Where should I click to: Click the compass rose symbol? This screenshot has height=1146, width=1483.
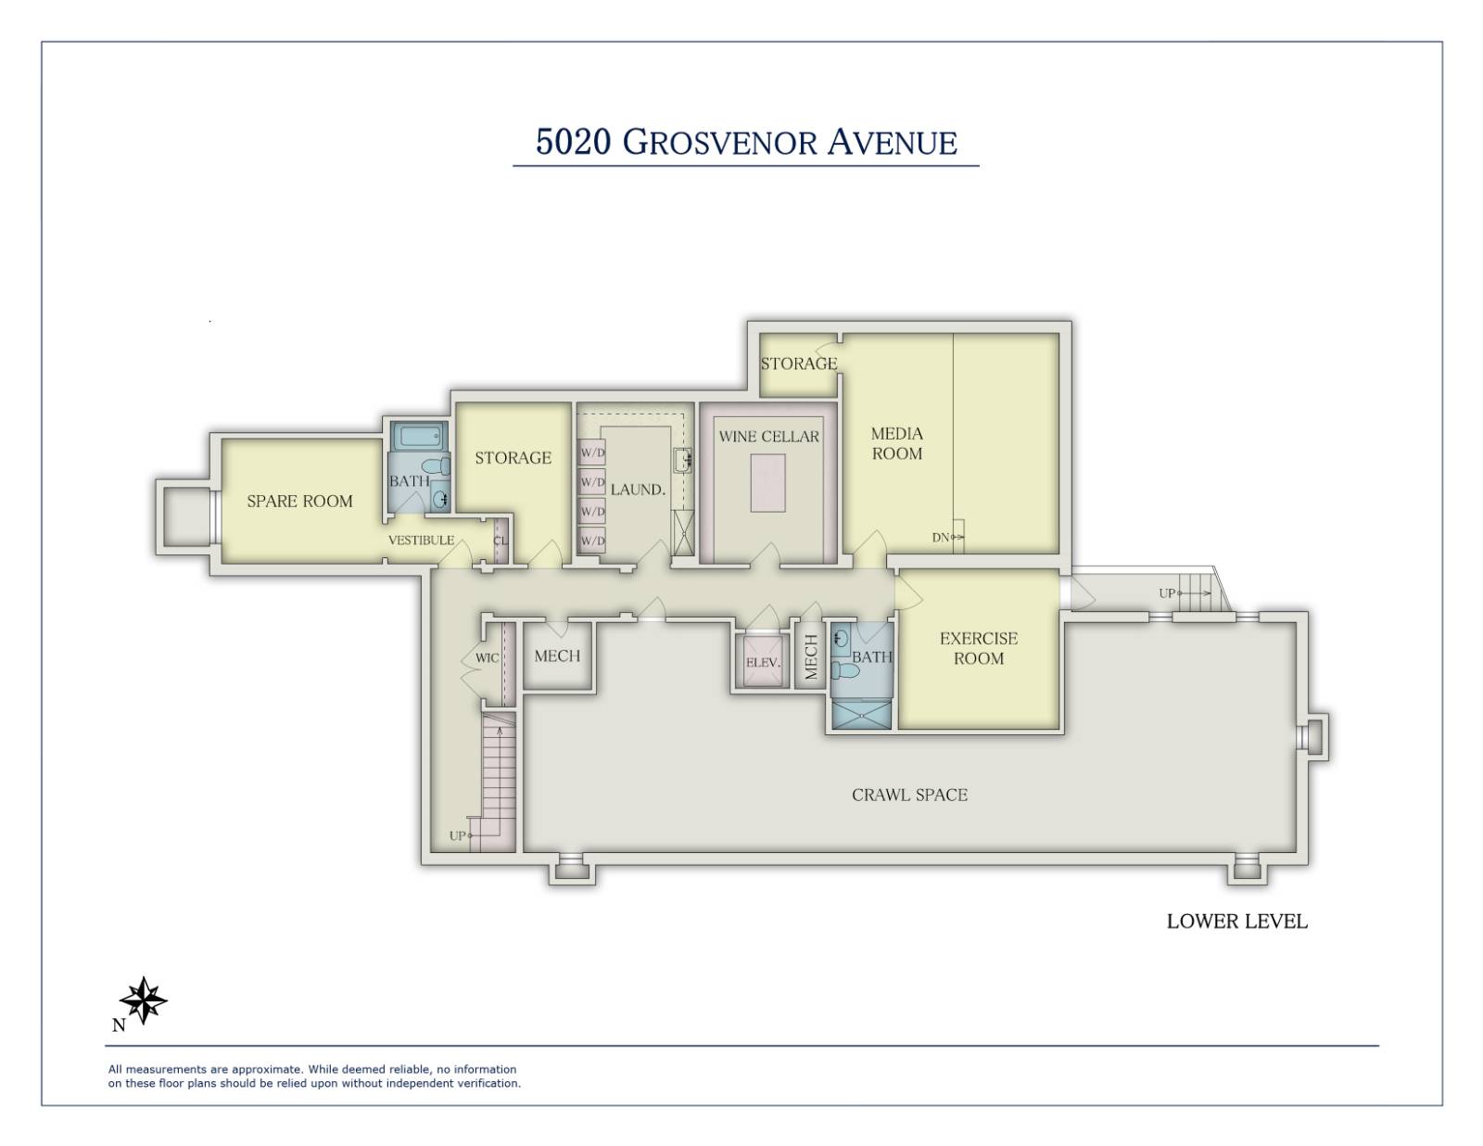[144, 1000]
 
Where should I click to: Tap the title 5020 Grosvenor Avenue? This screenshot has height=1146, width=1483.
[746, 142]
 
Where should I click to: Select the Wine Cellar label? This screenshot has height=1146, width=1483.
[768, 436]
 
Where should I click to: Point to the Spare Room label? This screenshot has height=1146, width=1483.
[299, 502]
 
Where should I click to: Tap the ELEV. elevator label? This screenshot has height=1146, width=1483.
[763, 663]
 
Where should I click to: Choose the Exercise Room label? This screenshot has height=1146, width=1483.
[978, 648]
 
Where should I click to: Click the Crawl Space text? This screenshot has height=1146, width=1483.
[909, 795]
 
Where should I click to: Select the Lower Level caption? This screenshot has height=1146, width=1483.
[1236, 921]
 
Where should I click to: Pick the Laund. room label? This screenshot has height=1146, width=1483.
[638, 489]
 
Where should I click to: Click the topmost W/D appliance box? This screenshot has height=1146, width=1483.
[592, 453]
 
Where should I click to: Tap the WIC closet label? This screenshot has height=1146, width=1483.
[487, 658]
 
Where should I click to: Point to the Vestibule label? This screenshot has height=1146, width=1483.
[421, 541]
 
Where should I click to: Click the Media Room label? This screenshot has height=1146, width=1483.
[896, 443]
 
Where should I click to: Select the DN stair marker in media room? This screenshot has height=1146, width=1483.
[942, 538]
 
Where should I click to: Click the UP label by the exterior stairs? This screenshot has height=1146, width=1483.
[1166, 593]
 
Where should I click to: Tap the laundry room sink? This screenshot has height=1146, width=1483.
[683, 460]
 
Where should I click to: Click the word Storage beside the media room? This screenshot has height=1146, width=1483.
[798, 363]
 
